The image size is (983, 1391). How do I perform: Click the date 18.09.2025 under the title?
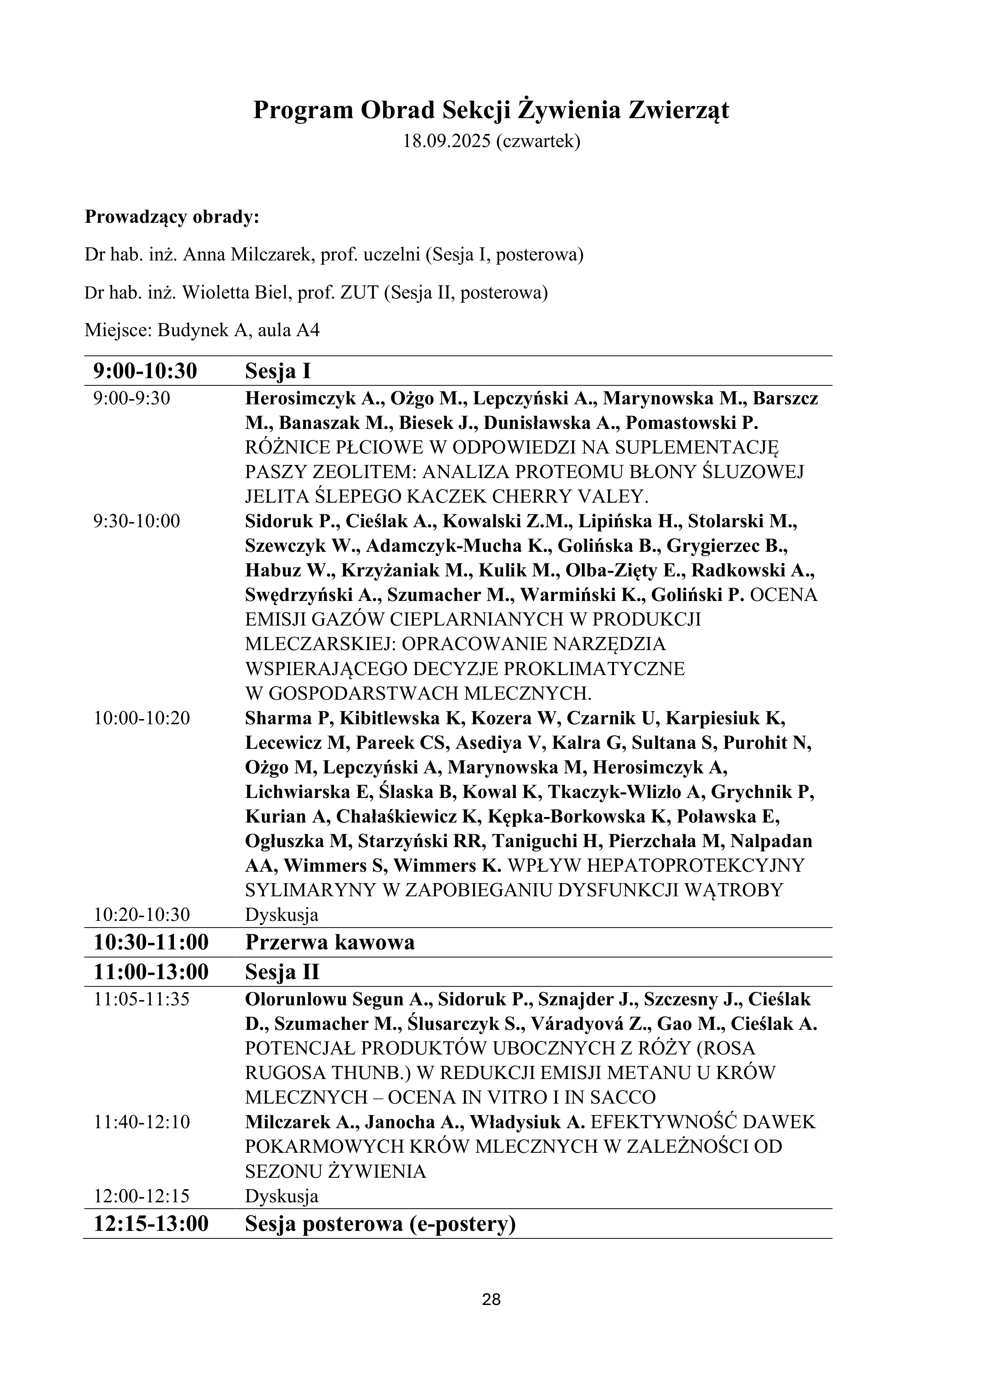[447, 141]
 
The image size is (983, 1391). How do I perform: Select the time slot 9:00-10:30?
[145, 371]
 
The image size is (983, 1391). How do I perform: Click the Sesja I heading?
[278, 371]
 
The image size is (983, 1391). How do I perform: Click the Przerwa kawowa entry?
[330, 942]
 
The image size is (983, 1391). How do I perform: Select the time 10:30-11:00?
[151, 942]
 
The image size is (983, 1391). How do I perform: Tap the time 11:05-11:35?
[142, 999]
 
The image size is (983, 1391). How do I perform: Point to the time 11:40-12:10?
[142, 1122]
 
